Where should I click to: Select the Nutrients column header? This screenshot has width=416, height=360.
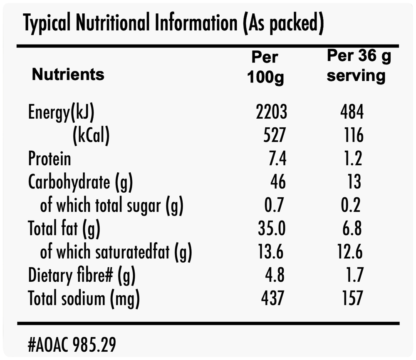click(x=68, y=74)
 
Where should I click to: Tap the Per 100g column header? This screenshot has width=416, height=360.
click(x=265, y=67)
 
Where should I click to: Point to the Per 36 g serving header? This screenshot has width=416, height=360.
click(x=359, y=66)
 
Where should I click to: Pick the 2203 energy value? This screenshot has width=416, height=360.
click(x=271, y=112)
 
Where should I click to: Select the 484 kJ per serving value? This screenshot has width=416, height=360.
click(x=352, y=112)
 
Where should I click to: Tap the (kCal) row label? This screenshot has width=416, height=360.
click(x=91, y=135)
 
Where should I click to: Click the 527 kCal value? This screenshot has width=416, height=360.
click(x=275, y=135)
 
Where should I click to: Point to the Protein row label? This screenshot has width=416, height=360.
click(x=50, y=159)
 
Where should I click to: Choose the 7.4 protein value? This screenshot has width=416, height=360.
click(x=277, y=159)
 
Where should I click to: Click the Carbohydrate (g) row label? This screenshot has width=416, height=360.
click(x=80, y=183)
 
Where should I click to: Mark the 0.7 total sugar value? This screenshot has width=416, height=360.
click(x=274, y=205)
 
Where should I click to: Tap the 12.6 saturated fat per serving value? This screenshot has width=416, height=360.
click(x=350, y=251)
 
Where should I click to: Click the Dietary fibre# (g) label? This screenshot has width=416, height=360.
click(x=82, y=276)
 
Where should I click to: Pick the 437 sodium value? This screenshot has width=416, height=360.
click(x=273, y=298)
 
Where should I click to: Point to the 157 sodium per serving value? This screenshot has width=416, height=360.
click(x=353, y=298)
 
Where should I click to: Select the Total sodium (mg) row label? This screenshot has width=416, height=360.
click(x=84, y=299)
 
